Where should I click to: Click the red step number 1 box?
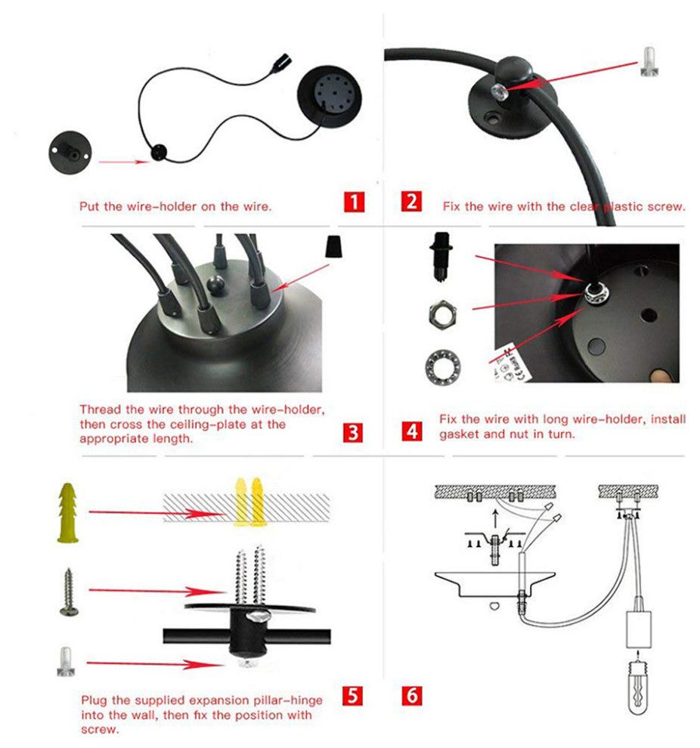(x=354, y=202)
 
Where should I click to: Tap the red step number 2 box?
(x=411, y=201)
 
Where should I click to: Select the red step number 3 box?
(x=353, y=433)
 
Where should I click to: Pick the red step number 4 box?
(x=412, y=431)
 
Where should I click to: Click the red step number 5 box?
(x=352, y=696)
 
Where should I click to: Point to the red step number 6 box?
(x=412, y=696)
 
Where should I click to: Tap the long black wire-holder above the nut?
(x=441, y=257)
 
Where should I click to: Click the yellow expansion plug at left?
(x=68, y=513)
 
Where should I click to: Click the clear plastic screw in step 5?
(x=66, y=662)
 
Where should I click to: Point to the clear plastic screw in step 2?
(x=649, y=61)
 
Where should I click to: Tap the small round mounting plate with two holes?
(x=70, y=153)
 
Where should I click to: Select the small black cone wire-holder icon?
(x=333, y=246)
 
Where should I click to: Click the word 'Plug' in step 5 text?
(x=94, y=700)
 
